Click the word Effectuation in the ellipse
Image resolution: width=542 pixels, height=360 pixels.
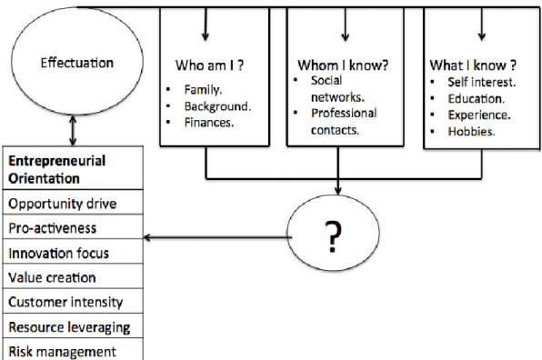pos(77,63)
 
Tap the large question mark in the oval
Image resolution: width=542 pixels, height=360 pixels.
pos(333,236)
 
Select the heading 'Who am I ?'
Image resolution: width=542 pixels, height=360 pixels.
pos(209,65)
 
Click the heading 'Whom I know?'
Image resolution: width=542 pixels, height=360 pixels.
pos(343,65)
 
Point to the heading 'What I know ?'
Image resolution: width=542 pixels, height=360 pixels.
pos(473,65)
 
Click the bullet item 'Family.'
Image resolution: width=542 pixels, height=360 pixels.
pos(204,90)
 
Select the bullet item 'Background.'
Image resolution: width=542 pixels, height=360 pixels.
pos(217,106)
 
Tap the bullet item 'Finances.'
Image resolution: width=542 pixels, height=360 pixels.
pos(209,123)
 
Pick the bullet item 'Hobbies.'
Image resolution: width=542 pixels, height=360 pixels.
pos(471,132)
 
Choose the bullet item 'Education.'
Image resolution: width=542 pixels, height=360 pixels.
pos(477,99)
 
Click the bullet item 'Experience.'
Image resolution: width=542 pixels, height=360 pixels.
pos(479,115)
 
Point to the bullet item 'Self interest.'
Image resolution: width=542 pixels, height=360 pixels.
pos(482,82)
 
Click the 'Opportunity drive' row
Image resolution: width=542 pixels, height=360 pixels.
pos(73,203)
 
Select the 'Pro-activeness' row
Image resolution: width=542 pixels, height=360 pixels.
pos(73,227)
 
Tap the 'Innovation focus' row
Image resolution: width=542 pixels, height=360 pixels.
pos(73,252)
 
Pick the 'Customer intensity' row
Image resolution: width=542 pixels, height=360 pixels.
pos(73,301)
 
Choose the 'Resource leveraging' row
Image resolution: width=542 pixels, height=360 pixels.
pos(73,326)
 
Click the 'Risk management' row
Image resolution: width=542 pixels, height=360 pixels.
pos(73,350)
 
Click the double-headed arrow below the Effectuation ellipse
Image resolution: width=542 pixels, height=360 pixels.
pos(73,131)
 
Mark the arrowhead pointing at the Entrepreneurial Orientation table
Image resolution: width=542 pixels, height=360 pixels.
pos(146,237)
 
